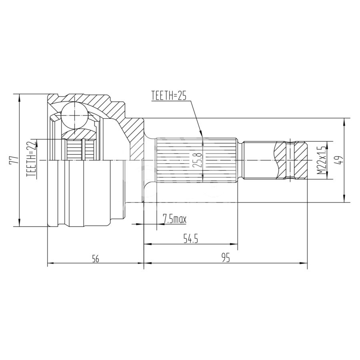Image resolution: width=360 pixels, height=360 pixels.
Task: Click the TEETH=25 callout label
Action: click(168, 96)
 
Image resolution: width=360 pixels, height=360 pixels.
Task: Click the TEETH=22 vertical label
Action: click(32, 159)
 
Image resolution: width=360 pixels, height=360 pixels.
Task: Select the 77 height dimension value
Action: click(14, 160)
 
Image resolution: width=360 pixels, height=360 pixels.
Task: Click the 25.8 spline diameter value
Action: click(198, 160)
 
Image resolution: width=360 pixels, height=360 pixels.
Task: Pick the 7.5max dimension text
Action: click(174, 219)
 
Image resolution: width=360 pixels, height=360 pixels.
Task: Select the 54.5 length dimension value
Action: click(190, 239)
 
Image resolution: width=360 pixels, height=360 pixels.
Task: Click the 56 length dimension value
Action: click(96, 259)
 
